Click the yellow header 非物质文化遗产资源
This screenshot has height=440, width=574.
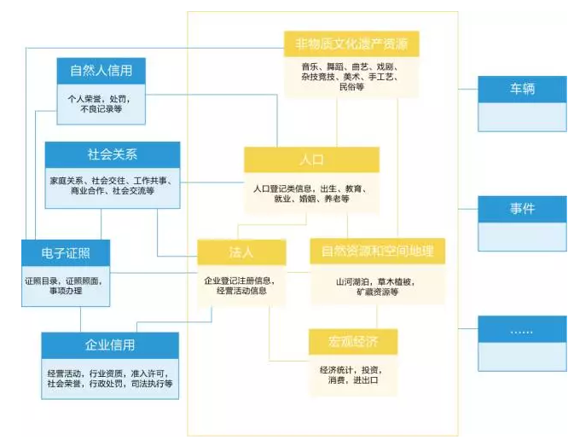351,43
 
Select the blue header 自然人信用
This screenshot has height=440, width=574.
107,70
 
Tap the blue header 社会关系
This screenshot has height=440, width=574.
112,154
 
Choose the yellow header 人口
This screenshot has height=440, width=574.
311,159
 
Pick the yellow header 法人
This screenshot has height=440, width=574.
242,252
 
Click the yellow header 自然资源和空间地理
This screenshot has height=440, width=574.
377,251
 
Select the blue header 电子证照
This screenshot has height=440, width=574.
66,252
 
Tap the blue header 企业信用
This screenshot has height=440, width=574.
110,345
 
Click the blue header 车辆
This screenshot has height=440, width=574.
522,89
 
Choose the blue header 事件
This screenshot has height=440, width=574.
522,208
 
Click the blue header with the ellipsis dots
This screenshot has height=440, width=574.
522,329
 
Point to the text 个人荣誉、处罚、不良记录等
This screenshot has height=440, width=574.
107,103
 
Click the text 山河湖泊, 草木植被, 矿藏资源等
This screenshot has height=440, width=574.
377,286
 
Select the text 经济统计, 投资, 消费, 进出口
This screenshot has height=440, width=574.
353,374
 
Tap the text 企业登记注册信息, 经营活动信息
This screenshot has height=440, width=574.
242,285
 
